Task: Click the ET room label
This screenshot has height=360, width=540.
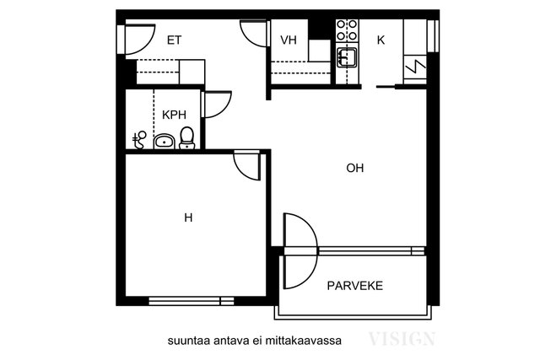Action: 175,40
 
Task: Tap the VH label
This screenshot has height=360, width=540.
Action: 289,40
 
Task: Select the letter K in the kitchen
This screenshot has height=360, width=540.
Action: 381,40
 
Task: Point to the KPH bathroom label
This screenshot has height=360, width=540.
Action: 174,115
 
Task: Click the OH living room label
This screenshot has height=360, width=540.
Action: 355,168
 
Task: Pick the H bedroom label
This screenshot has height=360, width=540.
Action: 188,218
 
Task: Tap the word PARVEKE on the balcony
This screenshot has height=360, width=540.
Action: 355,286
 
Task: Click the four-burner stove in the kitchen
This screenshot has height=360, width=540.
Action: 346,30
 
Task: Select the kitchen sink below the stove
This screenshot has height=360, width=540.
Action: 347,57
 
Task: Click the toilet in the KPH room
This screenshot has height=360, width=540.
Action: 187,137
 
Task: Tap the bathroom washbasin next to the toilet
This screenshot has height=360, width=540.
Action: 164,141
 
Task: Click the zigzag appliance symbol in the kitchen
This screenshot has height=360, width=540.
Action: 415,63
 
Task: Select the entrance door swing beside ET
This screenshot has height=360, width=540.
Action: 138,35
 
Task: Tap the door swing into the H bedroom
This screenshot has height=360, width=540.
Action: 246,164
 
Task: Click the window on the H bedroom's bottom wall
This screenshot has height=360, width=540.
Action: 191,300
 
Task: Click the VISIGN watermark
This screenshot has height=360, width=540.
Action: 401,340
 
